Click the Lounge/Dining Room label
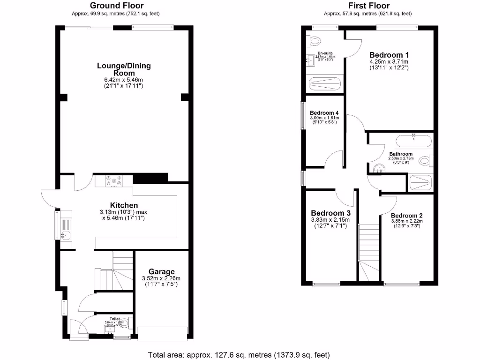(x=124, y=69)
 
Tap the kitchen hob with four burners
(x=114, y=181)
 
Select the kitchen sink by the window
(x=65, y=235)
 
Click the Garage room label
(x=162, y=271)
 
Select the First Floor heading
(x=369, y=6)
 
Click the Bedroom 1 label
(x=389, y=53)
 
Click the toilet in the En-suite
(x=313, y=41)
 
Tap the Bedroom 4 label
(x=324, y=113)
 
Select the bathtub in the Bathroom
(x=413, y=141)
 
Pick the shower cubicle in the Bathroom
(x=421, y=183)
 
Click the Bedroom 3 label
(x=330, y=213)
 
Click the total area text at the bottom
(x=239, y=354)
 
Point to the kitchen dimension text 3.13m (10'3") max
(x=124, y=212)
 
